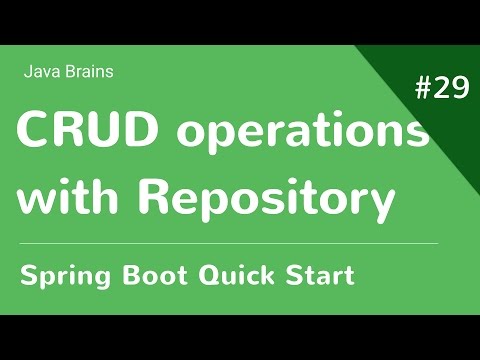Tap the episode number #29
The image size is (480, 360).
pyautogui.click(x=440, y=89)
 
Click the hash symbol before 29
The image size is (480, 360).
pyautogui.click(x=421, y=89)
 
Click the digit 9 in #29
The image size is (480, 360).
pyautogui.click(x=458, y=89)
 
